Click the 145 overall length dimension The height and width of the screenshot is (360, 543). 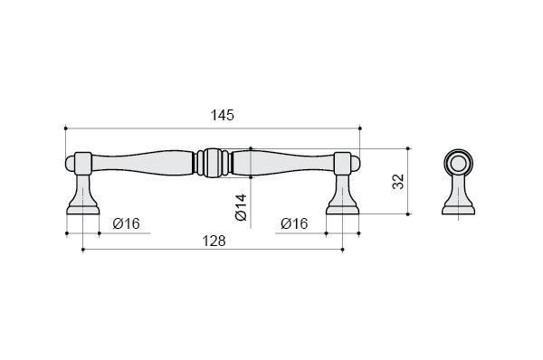click(223, 115)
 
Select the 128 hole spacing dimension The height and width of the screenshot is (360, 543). click(214, 241)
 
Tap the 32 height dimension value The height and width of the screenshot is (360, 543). click(398, 182)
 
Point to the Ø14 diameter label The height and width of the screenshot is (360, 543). click(241, 207)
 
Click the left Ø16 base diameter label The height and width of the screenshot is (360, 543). click(127, 223)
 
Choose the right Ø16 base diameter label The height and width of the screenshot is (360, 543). click(294, 223)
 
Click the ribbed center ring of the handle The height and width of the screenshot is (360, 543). click(213, 163)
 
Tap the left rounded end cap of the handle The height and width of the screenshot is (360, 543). click(71, 164)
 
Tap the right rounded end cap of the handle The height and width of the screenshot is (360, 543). click(356, 164)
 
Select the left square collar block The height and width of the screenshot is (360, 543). click(83, 163)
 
